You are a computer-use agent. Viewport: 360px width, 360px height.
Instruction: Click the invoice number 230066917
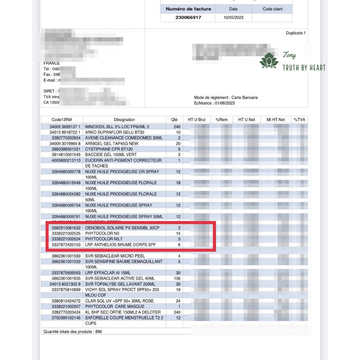188,18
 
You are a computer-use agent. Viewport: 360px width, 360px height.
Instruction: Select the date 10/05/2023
233,18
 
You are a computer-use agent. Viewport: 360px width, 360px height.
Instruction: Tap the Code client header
273,9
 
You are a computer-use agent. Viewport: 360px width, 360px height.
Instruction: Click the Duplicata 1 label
296,33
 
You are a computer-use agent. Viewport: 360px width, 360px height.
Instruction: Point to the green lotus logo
269,60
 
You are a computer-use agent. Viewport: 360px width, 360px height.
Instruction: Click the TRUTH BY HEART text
304,68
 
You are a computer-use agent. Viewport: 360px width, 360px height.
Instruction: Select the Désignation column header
124,120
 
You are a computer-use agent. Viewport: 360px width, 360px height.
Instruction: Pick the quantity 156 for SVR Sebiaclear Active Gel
177,278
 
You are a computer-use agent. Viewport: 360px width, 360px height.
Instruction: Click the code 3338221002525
66,234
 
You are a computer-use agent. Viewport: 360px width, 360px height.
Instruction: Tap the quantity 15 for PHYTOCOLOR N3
178,234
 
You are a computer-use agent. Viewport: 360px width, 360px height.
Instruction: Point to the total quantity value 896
98,332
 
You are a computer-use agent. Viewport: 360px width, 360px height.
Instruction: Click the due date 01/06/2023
225,103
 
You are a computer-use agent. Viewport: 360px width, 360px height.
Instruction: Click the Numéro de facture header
188,9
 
